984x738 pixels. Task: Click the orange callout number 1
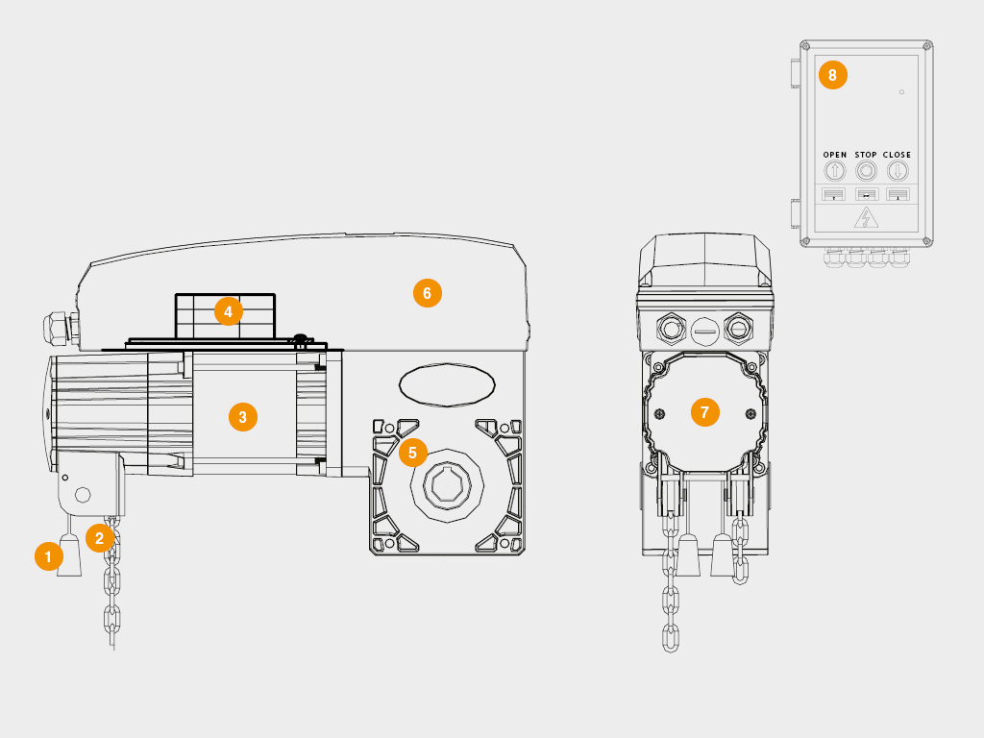pos(48,556)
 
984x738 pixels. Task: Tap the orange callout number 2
pos(99,538)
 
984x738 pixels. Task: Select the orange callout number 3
pos(243,417)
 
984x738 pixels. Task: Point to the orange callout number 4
pos(229,311)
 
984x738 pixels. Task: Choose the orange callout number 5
pos(412,453)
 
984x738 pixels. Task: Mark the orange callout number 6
pos(428,293)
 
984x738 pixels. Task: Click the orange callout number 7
pos(704,412)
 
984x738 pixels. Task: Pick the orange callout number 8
pos(833,75)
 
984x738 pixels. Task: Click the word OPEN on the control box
pos(835,155)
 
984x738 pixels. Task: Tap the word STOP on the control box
pos(866,155)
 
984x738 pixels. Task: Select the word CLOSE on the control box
pos(897,155)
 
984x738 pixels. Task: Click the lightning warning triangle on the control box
pos(866,218)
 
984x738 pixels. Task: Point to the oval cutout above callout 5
pos(447,384)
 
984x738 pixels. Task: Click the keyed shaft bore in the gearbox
pos(447,485)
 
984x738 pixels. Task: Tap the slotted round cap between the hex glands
pos(704,331)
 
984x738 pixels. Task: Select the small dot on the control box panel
pos(901,92)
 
